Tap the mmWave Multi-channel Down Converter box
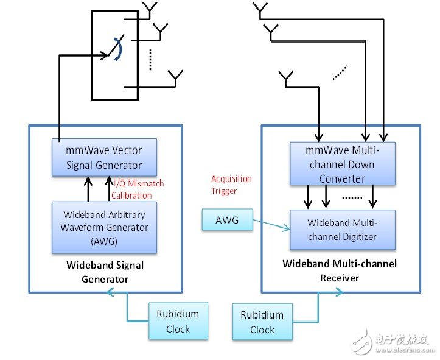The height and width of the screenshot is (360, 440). [x=342, y=163]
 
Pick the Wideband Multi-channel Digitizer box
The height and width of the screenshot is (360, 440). [x=343, y=229]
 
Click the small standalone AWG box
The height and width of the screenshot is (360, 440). [x=227, y=220]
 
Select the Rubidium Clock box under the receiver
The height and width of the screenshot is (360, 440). [x=262, y=322]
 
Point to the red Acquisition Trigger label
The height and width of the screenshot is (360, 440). [x=231, y=184]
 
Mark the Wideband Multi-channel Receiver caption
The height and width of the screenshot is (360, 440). [x=339, y=270]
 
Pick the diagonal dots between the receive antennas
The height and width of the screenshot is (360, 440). [x=341, y=72]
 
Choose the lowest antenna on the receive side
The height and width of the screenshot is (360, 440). [x=287, y=78]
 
